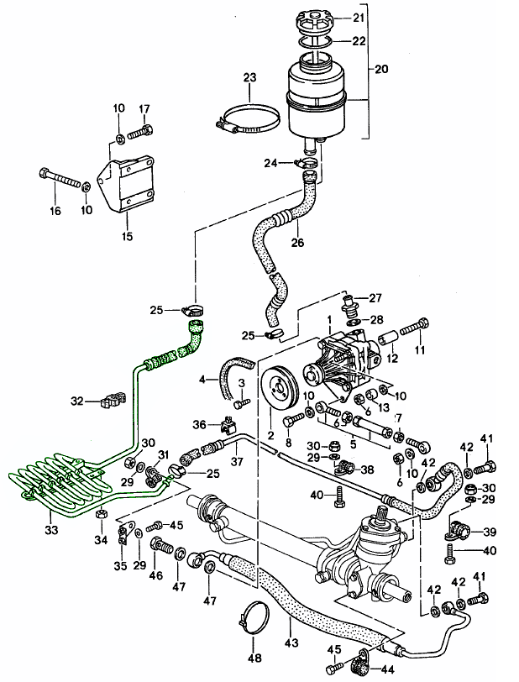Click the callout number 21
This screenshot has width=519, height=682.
click(x=358, y=18)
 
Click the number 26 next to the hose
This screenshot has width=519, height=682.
click(x=296, y=244)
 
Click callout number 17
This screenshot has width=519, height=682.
click(x=144, y=108)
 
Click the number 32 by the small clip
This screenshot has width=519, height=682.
click(x=77, y=401)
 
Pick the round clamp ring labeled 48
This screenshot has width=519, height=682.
click(x=251, y=621)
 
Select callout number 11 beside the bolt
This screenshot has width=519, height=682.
click(x=419, y=349)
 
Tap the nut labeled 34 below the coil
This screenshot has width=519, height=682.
click(x=100, y=514)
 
